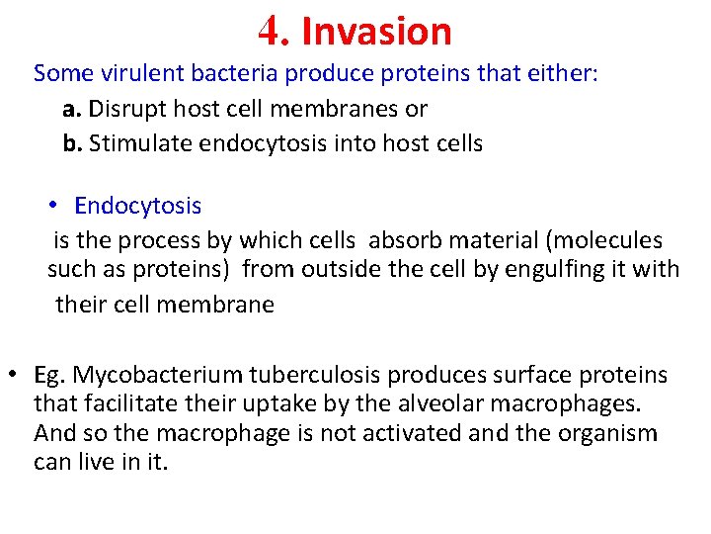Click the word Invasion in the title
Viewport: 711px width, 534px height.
tap(376, 32)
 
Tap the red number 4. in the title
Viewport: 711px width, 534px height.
tap(273, 32)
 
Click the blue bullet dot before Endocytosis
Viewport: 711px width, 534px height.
tap(55, 206)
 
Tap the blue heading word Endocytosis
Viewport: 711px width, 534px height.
tap(137, 206)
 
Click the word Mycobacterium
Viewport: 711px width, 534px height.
tap(158, 376)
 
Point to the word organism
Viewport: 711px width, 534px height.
tap(603, 433)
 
